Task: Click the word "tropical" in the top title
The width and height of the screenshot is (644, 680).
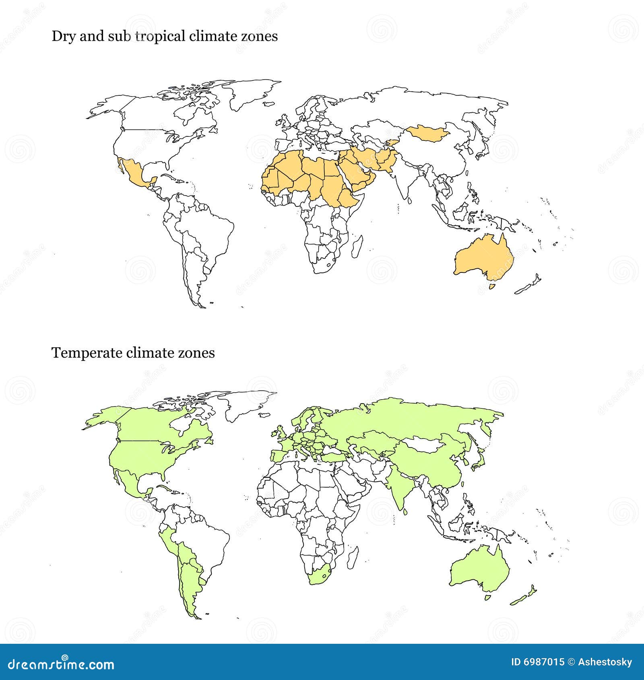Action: coord(160,37)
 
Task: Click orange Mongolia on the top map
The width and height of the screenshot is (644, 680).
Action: coord(427,133)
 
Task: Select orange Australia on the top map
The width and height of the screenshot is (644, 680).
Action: coord(483,258)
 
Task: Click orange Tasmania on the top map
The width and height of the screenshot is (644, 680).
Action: coord(491,286)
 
